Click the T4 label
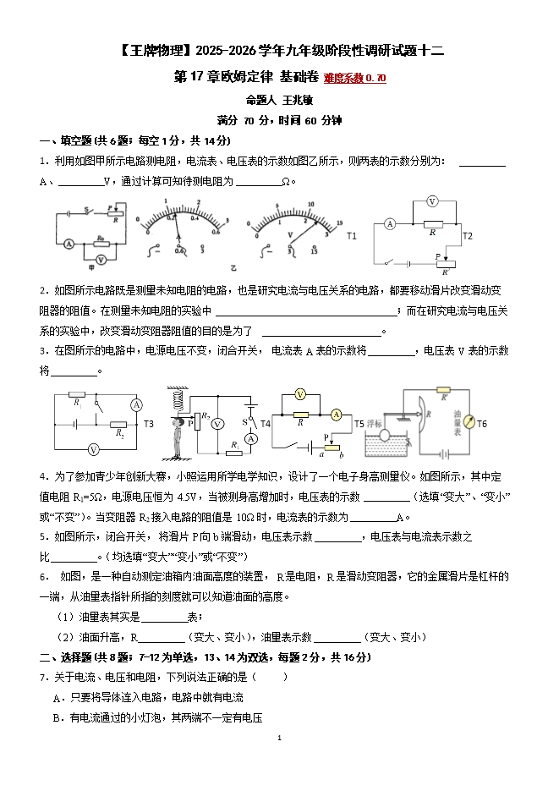pyautogui.click(x=265, y=423)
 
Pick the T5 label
pyautogui.click(x=359, y=423)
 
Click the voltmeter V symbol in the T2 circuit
pyautogui.click(x=430, y=201)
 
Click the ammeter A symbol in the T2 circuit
pyautogui.click(x=390, y=224)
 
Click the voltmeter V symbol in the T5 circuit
pyautogui.click(x=299, y=395)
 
